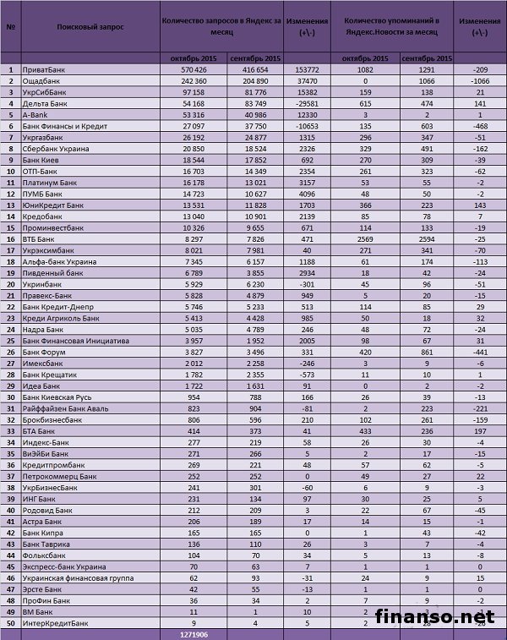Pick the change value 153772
pyautogui.click(x=301, y=68)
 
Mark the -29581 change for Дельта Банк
pyautogui.click(x=301, y=102)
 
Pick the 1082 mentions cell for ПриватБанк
pyautogui.click(x=365, y=68)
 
